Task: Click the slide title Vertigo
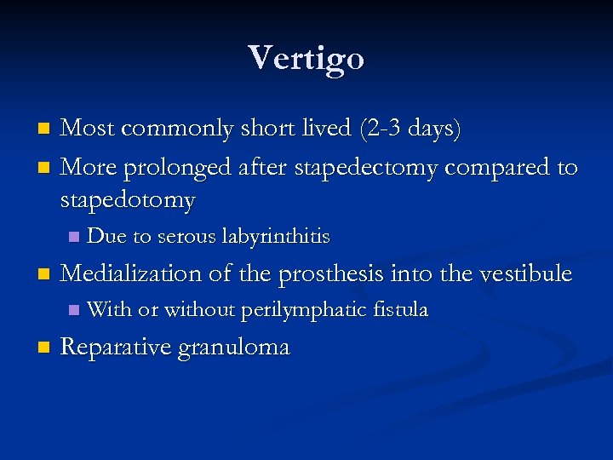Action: (x=306, y=58)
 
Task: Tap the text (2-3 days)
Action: (x=410, y=129)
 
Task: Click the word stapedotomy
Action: (x=128, y=200)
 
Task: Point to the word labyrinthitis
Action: (x=276, y=235)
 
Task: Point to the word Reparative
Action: (x=114, y=347)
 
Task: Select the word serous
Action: (x=187, y=235)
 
